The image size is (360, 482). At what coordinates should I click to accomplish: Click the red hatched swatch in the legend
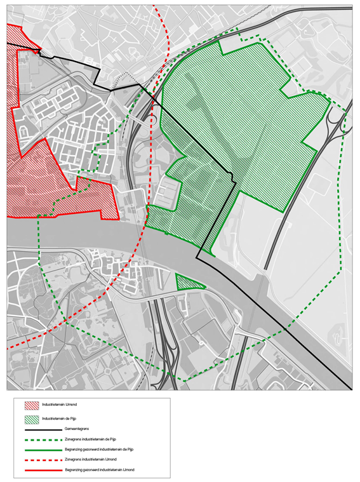click(x=31, y=405)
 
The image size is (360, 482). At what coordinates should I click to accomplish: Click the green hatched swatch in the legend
click(x=31, y=419)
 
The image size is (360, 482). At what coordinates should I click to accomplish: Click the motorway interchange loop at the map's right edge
click(x=337, y=124)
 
